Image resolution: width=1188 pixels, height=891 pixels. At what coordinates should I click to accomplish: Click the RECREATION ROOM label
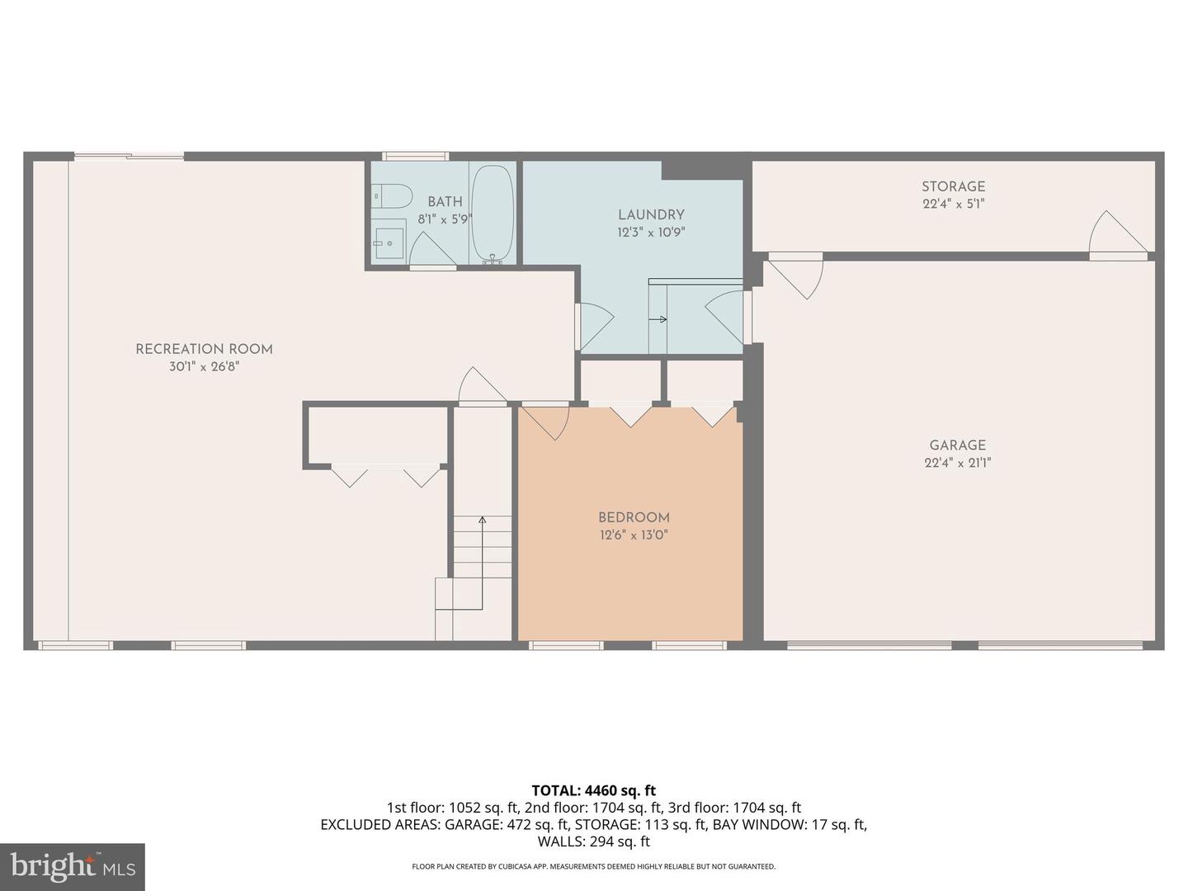[x=204, y=349]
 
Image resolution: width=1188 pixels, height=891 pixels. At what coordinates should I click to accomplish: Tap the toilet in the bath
[x=393, y=196]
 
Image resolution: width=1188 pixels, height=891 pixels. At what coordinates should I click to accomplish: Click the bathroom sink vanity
[x=389, y=238]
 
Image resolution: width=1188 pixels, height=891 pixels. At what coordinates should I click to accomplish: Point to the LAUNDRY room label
[x=651, y=214]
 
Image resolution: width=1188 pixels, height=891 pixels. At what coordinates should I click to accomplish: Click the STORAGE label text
[x=953, y=186]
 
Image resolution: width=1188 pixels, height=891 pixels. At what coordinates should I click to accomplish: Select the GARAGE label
[x=957, y=445]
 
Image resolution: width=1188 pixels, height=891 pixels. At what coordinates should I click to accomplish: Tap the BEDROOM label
[x=634, y=517]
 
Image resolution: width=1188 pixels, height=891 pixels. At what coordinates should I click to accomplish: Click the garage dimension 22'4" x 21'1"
[x=957, y=463]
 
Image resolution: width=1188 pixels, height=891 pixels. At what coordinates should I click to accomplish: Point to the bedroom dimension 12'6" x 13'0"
[x=634, y=535]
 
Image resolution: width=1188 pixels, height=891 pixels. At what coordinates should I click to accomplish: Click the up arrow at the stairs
[x=482, y=520]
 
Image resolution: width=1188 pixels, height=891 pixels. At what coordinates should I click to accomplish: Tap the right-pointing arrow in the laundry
[x=659, y=319]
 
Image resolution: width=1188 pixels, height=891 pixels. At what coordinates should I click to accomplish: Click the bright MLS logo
[x=73, y=866]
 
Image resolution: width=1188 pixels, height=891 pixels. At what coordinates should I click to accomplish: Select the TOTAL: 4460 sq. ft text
[x=593, y=790]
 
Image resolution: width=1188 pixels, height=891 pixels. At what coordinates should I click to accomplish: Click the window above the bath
[x=415, y=156]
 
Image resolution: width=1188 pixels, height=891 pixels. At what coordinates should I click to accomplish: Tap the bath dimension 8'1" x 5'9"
[x=445, y=219]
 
